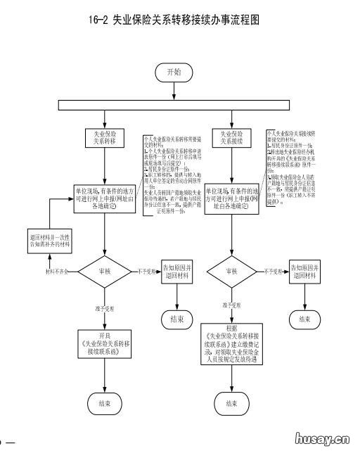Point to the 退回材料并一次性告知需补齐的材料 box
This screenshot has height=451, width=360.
coord(50,239)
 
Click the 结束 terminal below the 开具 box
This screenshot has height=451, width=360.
coord(105,403)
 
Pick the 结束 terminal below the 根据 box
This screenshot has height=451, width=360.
coord(232,403)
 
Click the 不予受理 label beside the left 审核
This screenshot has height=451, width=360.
coord(147,270)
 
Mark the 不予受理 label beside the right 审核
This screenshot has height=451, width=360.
coord(274,270)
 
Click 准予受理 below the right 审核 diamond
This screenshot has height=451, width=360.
coord(233,306)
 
